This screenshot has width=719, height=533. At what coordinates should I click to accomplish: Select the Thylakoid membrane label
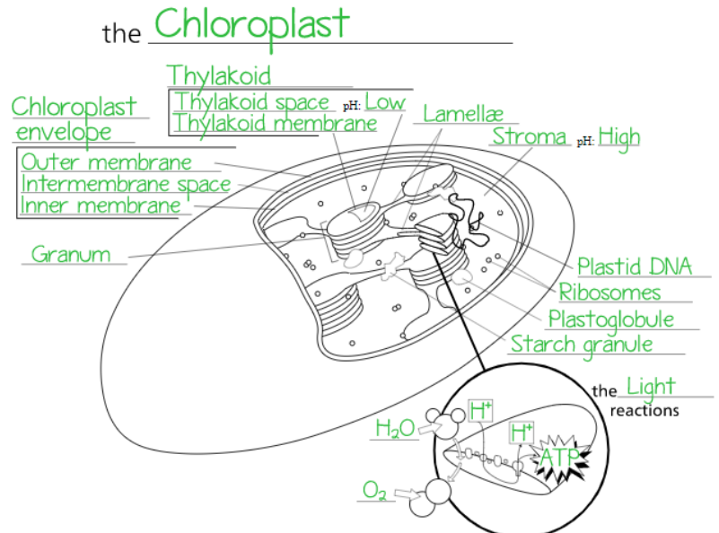coord(275,124)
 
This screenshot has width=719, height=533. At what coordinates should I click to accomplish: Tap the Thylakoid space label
coord(251,101)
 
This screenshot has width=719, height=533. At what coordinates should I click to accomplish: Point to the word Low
coord(384,101)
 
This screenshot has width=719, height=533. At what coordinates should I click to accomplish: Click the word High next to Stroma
coord(619,137)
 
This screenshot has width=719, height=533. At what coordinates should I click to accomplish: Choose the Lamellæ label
coord(463,114)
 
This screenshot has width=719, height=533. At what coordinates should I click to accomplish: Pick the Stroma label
coord(530,136)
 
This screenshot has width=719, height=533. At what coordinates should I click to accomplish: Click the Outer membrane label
coord(106,162)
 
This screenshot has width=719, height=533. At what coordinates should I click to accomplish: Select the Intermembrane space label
coord(126,184)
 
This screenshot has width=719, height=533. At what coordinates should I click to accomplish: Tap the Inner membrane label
coord(101,205)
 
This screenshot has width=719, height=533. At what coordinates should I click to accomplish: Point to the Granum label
coord(71,254)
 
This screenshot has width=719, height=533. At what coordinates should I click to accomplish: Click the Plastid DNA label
coord(635,266)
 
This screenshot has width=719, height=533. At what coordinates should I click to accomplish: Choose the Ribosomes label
coord(609,293)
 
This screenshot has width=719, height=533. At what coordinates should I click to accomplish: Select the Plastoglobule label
coord(610,319)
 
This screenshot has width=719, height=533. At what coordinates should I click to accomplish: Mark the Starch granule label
coord(582,344)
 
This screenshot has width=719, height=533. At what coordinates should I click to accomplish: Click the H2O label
coord(395,429)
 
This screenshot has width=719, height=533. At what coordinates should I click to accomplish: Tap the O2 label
coord(374,490)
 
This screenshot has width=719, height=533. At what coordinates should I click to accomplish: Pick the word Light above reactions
coord(650,387)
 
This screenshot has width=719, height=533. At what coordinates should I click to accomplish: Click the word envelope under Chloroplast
coord(65,132)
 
